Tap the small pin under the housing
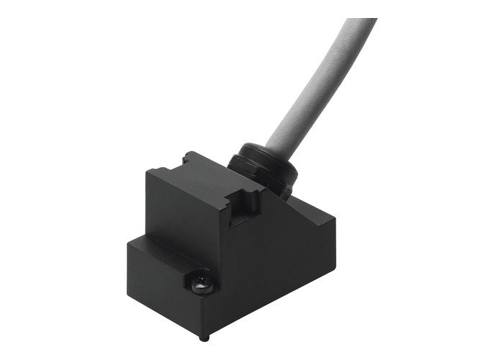[x=204, y=336]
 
